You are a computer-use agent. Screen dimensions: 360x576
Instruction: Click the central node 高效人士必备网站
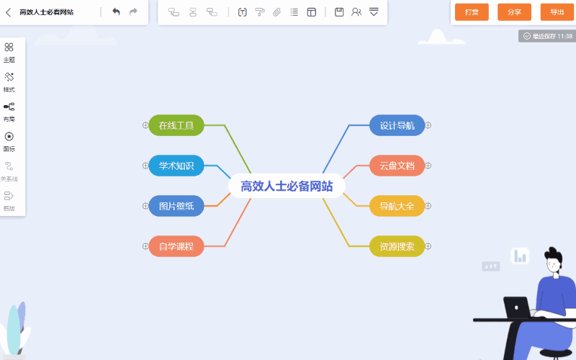click(287, 186)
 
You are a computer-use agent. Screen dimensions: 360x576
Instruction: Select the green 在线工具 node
click(176, 125)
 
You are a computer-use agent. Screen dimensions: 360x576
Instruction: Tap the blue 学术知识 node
click(176, 166)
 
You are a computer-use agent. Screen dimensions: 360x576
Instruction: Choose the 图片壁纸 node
click(176, 206)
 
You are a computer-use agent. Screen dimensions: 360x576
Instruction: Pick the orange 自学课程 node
click(176, 246)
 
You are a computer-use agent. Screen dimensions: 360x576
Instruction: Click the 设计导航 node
click(397, 125)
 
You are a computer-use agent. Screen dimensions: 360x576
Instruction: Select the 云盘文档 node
click(397, 166)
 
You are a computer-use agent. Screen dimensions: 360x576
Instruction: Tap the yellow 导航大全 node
click(397, 206)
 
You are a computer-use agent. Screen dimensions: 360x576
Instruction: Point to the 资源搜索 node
click(397, 246)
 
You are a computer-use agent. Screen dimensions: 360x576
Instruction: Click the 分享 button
click(514, 12)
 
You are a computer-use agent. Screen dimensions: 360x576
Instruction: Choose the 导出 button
click(557, 12)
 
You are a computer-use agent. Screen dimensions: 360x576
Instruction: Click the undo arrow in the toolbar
click(116, 12)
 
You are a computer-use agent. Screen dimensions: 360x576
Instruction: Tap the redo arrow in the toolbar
click(133, 12)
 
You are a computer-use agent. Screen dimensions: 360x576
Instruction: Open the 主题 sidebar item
click(9, 52)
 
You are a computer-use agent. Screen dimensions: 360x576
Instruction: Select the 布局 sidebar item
click(9, 112)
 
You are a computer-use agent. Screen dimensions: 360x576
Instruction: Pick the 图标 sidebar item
click(9, 141)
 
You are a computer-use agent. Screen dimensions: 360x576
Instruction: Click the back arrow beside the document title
click(9, 12)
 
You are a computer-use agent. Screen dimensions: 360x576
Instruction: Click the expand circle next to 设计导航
click(428, 125)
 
